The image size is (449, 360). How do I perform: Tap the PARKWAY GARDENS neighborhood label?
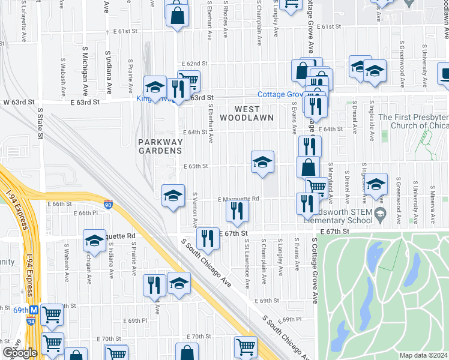[x=160, y=146]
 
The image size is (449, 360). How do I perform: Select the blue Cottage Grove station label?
[x=280, y=95]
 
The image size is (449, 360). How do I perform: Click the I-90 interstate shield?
[x=108, y=205]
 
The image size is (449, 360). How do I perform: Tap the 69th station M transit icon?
[x=34, y=310]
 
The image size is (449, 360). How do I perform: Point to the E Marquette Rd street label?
[x=238, y=199]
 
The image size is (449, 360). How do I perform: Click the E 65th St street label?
[x=195, y=166]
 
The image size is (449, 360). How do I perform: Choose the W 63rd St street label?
[x=17, y=102]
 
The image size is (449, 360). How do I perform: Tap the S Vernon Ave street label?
[x=195, y=210]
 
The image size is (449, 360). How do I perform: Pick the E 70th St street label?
[x=199, y=337]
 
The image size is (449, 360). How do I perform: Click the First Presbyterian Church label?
[x=414, y=122]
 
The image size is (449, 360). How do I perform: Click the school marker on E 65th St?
[x=262, y=162]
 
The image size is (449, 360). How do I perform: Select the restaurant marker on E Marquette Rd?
[x=238, y=210]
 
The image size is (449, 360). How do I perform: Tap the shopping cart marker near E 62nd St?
[x=190, y=80]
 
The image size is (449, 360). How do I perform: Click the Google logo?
[x=20, y=353]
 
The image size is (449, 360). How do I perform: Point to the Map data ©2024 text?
[x=423, y=355]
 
